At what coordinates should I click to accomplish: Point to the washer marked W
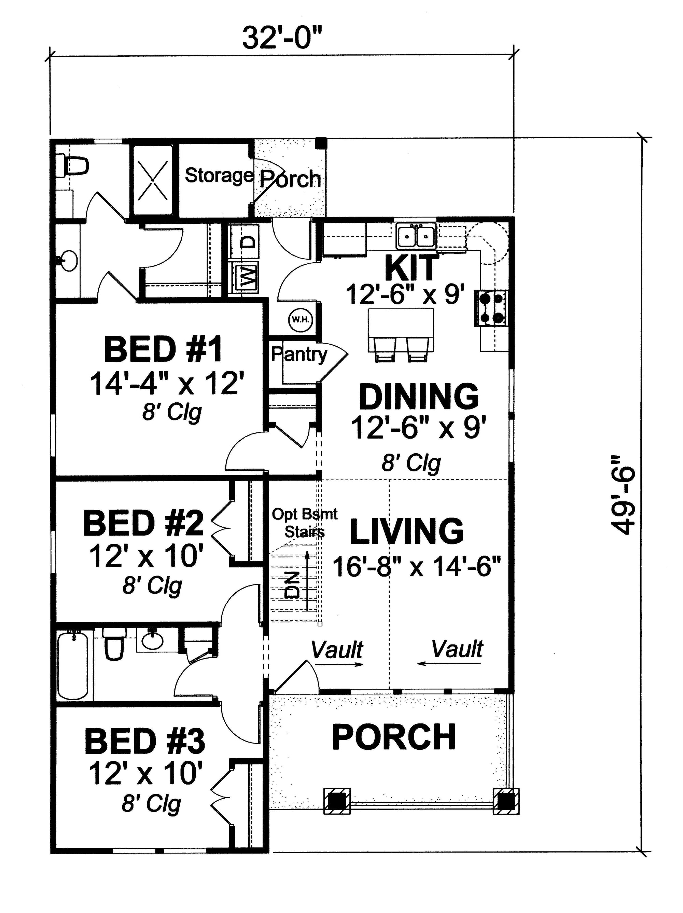coord(245,277)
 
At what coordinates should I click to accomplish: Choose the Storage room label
coord(219,176)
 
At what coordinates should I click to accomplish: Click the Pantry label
coord(299,355)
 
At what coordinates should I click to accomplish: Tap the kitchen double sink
coord(416,236)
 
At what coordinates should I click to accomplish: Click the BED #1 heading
coord(163,349)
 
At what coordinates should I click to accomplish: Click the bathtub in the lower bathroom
coord(73,665)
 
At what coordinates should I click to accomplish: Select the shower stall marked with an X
coord(152,180)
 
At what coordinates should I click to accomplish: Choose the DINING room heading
coord(419,396)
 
